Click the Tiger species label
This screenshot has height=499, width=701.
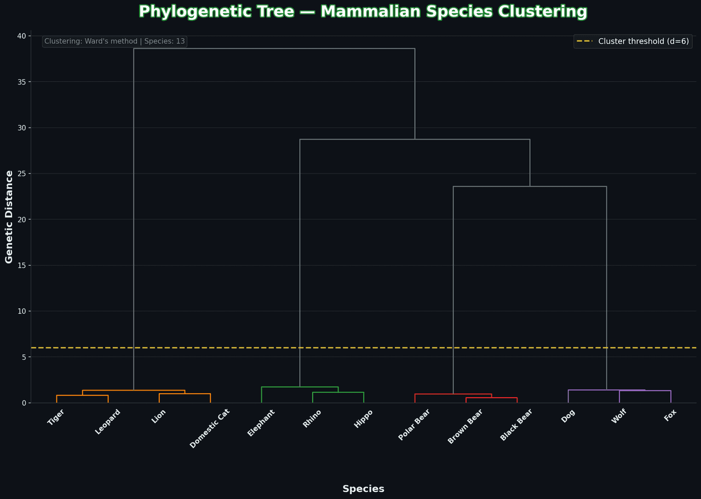[56, 417]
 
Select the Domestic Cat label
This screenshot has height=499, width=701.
[210, 428]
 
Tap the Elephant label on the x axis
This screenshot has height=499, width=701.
[261, 423]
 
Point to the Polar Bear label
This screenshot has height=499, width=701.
[415, 425]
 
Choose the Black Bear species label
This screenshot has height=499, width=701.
[516, 425]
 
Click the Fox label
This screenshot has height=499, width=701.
[670, 416]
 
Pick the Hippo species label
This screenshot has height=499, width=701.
[364, 418]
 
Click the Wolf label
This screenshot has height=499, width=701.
[619, 417]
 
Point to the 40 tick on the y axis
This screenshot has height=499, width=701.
[21, 36]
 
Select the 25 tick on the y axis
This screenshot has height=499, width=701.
[21, 174]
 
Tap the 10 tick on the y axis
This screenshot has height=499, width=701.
[21, 311]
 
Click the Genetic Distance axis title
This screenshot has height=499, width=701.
[9, 217]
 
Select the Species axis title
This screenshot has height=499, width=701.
[363, 489]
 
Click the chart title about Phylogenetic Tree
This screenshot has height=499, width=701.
[363, 12]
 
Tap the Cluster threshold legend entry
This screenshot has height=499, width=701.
[633, 42]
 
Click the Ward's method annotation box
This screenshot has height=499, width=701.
[114, 42]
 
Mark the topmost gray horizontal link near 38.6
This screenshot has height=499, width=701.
[274, 49]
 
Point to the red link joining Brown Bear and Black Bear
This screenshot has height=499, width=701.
[491, 398]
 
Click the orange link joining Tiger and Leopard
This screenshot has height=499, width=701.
[82, 395]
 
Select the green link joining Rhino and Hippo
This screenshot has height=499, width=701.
[338, 392]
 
